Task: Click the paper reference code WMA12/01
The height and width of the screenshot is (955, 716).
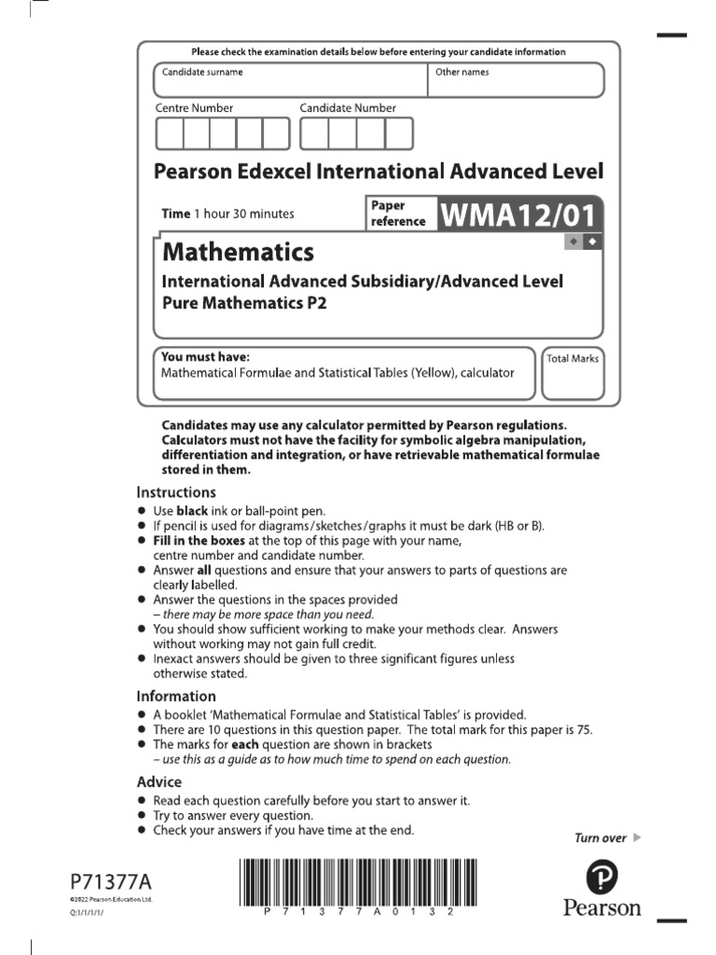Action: pyautogui.click(x=516, y=215)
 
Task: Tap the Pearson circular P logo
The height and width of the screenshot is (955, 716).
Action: pyautogui.click(x=601, y=876)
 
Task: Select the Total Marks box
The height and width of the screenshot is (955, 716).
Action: pyautogui.click(x=572, y=372)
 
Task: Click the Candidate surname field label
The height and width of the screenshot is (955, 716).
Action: pyautogui.click(x=202, y=72)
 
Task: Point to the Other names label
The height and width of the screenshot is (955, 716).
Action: pyautogui.click(x=461, y=72)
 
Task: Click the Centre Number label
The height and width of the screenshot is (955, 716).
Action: pyautogui.click(x=194, y=108)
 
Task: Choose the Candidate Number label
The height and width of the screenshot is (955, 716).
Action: pyautogui.click(x=348, y=108)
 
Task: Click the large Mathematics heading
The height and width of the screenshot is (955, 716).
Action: pyautogui.click(x=238, y=252)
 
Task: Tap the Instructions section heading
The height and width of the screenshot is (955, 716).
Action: pyautogui.click(x=176, y=491)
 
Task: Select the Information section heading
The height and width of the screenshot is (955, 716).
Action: pyautogui.click(x=176, y=696)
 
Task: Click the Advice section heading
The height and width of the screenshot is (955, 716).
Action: pyautogui.click(x=159, y=782)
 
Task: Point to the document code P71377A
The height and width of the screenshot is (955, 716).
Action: pyautogui.click(x=109, y=880)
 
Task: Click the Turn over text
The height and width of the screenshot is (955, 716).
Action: pyautogui.click(x=600, y=837)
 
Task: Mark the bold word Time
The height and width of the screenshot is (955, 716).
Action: pyautogui.click(x=175, y=214)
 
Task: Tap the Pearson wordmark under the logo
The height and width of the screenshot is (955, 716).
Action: pyautogui.click(x=601, y=907)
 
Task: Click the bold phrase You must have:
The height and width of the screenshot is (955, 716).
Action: pyautogui.click(x=205, y=356)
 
